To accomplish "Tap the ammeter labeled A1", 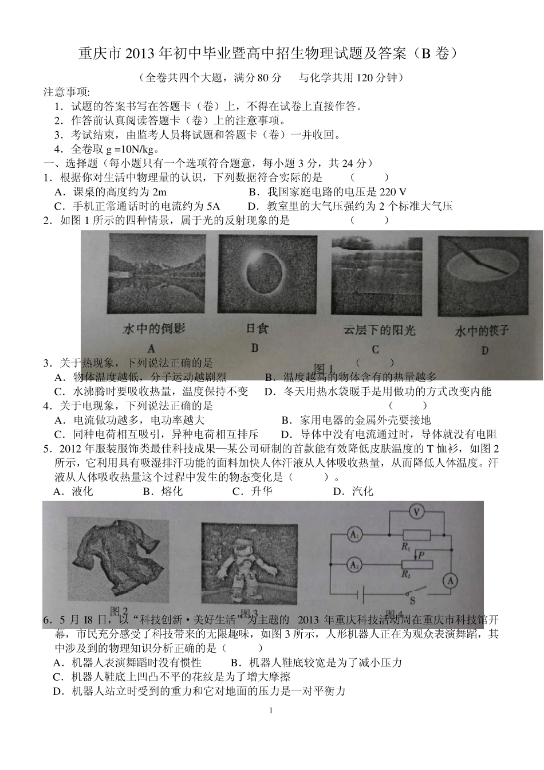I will point(355,535).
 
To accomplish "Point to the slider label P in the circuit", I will point(421,555).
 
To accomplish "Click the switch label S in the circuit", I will point(412,601).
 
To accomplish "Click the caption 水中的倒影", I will point(155,329).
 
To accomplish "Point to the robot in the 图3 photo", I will point(248,569).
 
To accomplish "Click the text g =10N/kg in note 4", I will point(129,150).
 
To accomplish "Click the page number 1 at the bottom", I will point(271,711).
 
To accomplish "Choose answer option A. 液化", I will point(73,491).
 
